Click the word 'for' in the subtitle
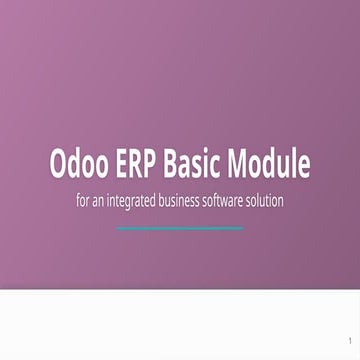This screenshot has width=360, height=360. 84,200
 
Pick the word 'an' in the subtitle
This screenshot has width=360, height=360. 104,200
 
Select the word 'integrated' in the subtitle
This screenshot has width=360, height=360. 142,200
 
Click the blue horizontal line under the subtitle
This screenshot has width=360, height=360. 180,228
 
